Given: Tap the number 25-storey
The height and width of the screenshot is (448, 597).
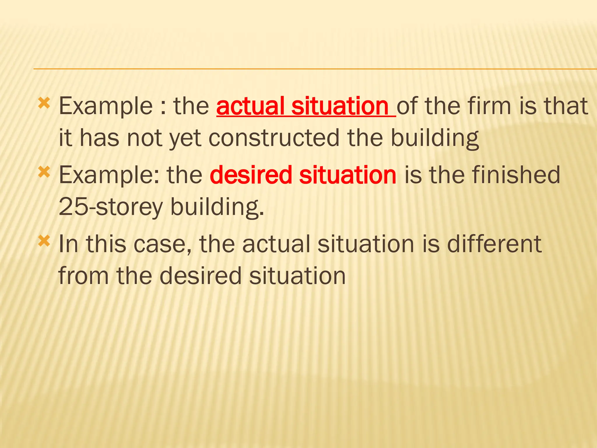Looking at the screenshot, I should pyautogui.click(x=110, y=207).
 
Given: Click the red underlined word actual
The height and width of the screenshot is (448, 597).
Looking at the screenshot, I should pyautogui.click(x=250, y=106).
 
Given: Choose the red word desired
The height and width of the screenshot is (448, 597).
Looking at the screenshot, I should pyautogui.click(x=251, y=175).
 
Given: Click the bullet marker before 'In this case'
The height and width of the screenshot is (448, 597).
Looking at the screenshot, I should pyautogui.click(x=44, y=241).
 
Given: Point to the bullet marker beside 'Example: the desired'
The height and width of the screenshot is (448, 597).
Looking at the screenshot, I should pyautogui.click(x=44, y=172).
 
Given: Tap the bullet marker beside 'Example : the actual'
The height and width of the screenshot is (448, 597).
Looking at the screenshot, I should pyautogui.click(x=44, y=103).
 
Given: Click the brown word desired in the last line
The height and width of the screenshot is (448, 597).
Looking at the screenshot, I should pyautogui.click(x=201, y=276).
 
